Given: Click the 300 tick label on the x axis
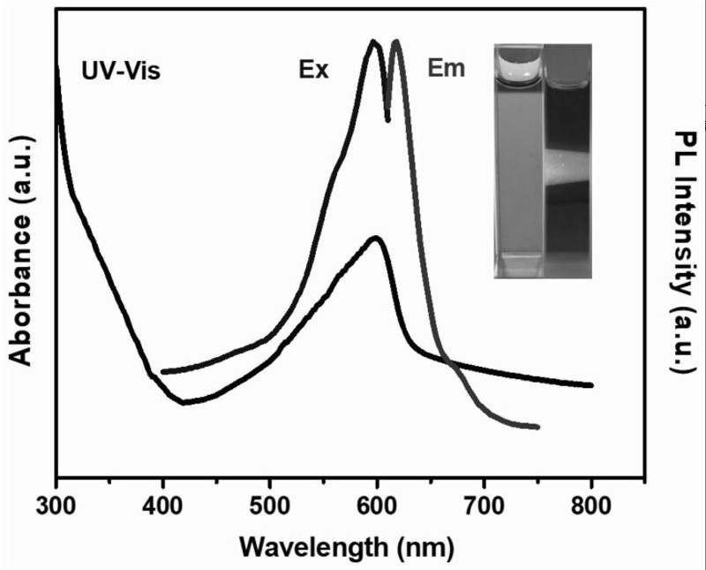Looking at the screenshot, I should pos(56,508).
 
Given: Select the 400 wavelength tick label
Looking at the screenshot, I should pos(162,508).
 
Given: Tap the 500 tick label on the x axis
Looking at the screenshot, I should pos(269,508).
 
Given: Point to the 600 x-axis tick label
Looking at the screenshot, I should pos(377,508).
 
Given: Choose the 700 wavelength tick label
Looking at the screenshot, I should pos(484,508).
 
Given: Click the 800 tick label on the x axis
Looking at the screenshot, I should pos(590,508).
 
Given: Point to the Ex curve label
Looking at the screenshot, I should pos(313,71).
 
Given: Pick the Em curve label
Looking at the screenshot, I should pos(446,68).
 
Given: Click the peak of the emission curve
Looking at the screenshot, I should pos(396,42).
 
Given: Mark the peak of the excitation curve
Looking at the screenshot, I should pos(374,42).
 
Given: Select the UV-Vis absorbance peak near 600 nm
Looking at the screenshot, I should pos(376,238).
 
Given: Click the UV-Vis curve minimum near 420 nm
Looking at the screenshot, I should pos(184,403).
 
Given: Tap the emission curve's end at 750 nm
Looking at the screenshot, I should pos(537,428).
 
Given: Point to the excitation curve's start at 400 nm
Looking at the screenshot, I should pos(163,372).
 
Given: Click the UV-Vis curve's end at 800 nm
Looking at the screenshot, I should pos(590,385).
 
